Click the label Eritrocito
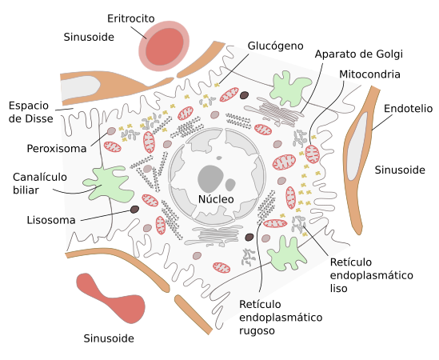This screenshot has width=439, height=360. tap(132, 18)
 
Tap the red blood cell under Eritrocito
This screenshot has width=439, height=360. tap(165, 46)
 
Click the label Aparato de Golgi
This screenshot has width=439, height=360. tap(358, 54)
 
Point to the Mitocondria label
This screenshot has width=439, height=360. tap(369, 74)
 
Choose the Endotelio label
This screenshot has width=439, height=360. tap(409, 107)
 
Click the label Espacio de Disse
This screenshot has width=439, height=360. tap(30, 112)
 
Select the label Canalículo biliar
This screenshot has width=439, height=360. tap(40, 183)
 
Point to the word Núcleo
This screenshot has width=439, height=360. tap(216, 198)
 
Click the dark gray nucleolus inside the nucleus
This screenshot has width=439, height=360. tap(212, 177)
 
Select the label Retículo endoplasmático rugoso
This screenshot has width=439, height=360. tap(280, 317)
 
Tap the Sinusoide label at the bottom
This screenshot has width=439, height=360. tap(109, 338)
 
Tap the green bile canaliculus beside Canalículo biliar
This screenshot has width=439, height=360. tap(107, 183)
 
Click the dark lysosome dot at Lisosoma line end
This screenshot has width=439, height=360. tap(135, 210)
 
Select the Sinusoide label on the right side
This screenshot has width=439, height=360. tap(400, 169)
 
